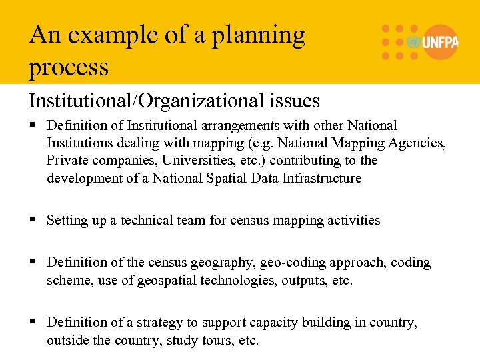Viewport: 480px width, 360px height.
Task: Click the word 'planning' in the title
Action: click(258, 36)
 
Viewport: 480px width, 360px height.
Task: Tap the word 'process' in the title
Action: click(69, 67)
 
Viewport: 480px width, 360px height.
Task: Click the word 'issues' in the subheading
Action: click(294, 101)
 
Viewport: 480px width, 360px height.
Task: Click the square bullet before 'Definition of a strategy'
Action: click(33, 323)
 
